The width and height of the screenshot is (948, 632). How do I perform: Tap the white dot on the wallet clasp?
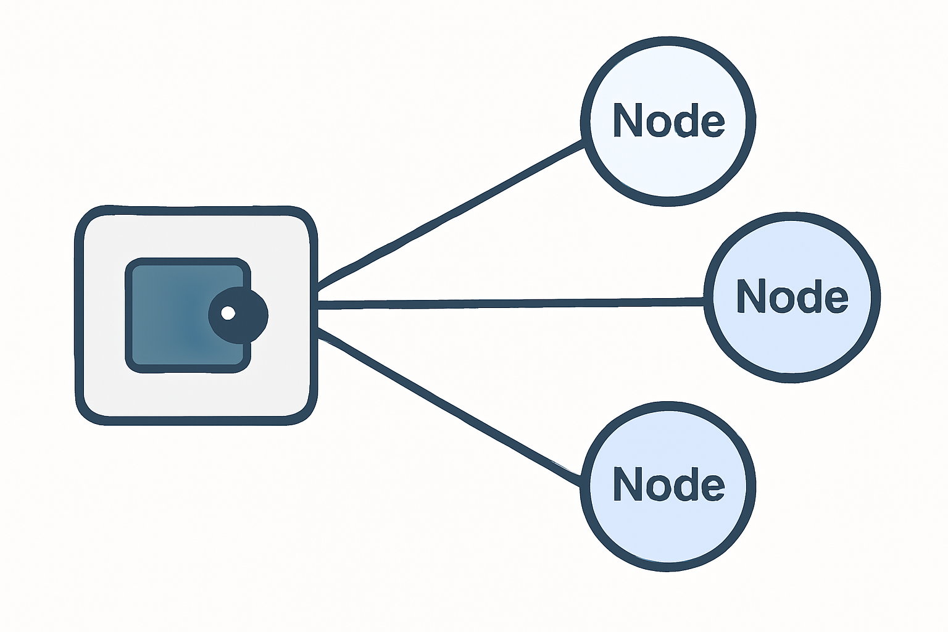click(228, 313)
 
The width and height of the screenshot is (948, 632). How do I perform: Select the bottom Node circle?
click(668, 531)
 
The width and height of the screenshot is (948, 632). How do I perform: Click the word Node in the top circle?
click(668, 120)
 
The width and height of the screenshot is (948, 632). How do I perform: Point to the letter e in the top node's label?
click(712, 122)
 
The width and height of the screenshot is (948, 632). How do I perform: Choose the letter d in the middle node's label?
click(808, 296)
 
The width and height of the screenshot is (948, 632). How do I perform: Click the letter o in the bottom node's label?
click(655, 486)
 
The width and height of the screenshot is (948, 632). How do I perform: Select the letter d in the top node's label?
click(684, 120)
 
